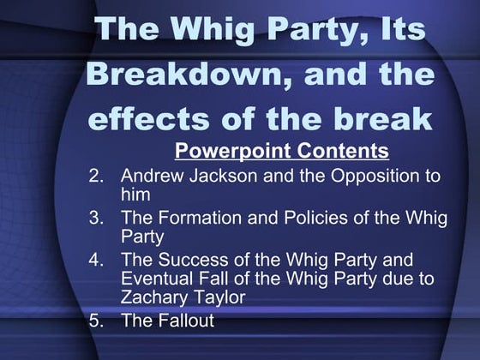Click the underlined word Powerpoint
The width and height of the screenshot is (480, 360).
point(225,152)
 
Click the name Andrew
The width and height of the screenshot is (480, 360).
point(151,177)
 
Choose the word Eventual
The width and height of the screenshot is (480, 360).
point(157,278)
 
